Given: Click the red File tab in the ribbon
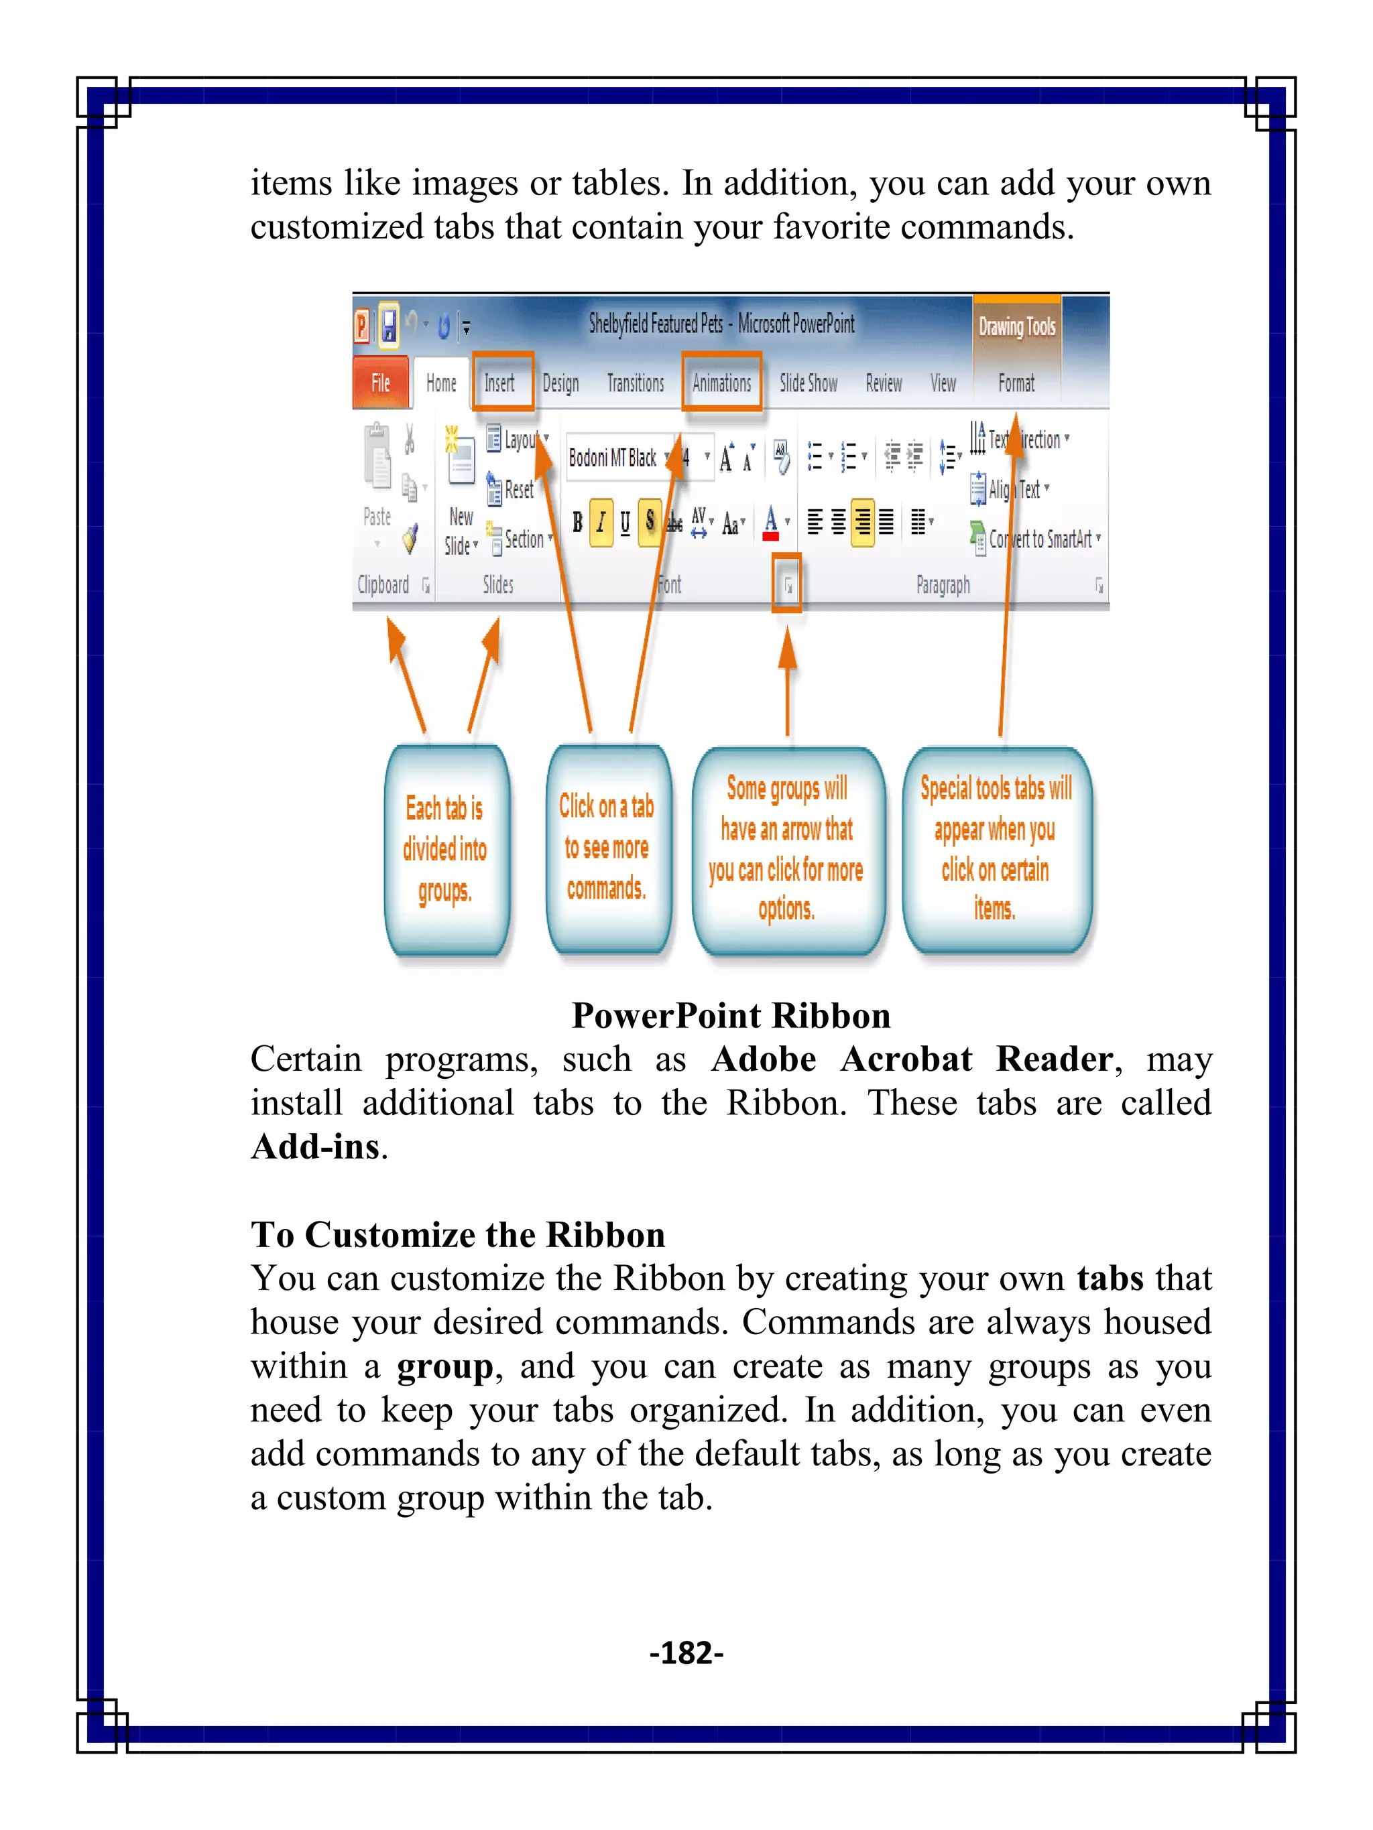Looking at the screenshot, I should click(380, 383).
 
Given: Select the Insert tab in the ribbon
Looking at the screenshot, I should click(500, 383).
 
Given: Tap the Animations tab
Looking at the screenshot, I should click(721, 383).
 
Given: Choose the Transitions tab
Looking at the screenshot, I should click(635, 383).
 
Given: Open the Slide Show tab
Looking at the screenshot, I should click(808, 383).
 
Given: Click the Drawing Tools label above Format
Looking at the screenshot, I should click(1016, 327).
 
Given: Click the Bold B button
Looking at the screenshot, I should click(577, 522).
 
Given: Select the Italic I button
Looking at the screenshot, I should click(601, 522).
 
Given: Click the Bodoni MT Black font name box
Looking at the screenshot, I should click(614, 458).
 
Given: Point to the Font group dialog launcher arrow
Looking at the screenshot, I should click(787, 585).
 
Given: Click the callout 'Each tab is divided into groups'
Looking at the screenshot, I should click(445, 849).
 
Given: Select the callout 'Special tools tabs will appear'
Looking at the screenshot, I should click(996, 849).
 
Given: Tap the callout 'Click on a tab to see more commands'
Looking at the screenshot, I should click(607, 847).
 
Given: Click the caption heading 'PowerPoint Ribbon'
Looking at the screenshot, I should click(731, 1015).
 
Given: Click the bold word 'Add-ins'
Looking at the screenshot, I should click(315, 1147).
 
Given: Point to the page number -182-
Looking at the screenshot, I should click(686, 1652).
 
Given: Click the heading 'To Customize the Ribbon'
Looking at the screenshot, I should click(458, 1234).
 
